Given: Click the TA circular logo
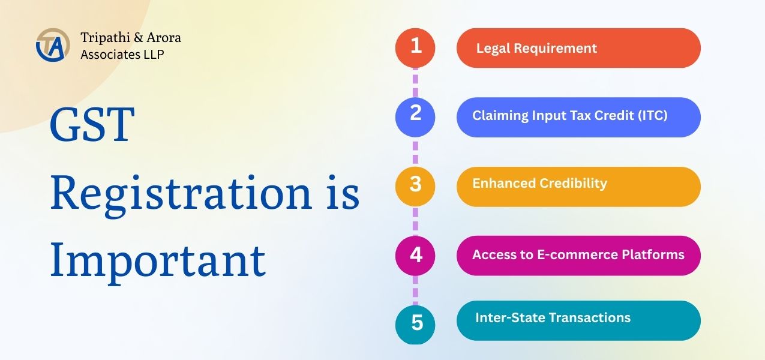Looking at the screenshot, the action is point(53,45).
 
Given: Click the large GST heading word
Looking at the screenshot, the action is point(92,124).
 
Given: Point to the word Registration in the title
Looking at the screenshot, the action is point(181,193).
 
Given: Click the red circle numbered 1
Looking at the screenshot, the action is point(415,48).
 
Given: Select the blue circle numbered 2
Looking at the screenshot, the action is point(415,117).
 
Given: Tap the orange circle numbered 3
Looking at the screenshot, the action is point(415,187).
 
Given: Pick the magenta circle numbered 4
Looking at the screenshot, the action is point(415,256).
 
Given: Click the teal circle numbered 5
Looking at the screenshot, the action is point(415,325).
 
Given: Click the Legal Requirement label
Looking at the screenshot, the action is point(536,49).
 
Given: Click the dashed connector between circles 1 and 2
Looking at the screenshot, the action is point(415,83).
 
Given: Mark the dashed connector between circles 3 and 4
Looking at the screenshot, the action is point(415,221).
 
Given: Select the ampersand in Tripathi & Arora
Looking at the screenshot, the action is point(138,38).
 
